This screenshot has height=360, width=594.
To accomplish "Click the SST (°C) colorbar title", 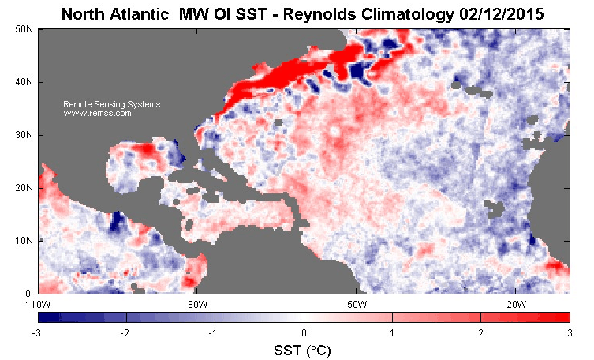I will pos(304,349).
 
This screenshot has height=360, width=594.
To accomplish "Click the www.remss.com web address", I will pos(97,114).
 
